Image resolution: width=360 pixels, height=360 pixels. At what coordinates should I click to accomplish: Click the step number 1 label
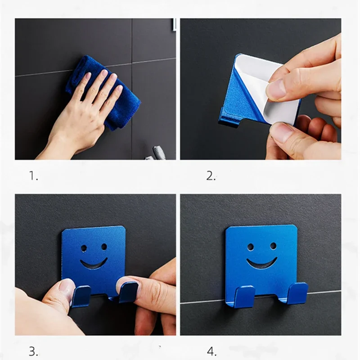coord(34,176)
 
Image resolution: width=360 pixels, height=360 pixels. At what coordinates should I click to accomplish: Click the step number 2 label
coord(211,176)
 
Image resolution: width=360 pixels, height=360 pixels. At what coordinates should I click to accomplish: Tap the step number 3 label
coord(34,351)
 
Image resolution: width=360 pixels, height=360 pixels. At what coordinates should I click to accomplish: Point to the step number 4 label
coord(211,351)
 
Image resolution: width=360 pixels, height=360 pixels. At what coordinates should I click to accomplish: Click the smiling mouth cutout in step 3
coord(94,263)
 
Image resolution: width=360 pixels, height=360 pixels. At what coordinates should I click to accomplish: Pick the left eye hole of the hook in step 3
coord(84,247)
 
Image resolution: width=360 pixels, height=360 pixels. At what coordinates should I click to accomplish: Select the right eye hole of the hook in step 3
coord(104,247)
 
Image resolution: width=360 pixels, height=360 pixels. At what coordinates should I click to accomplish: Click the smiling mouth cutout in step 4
coord(261,263)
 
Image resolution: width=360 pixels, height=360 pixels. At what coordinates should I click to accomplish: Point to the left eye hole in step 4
coord(250,247)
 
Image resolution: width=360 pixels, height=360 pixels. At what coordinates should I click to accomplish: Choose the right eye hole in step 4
coord(273,246)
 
